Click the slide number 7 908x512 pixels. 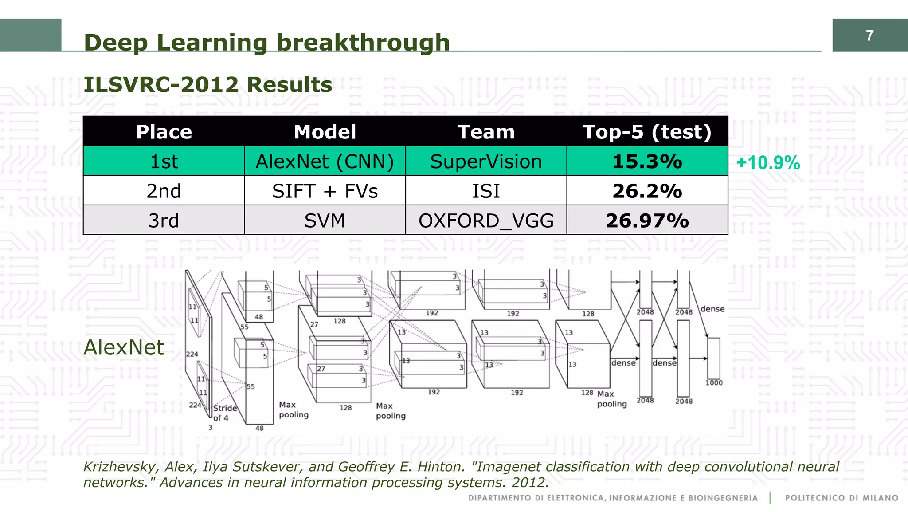pyautogui.click(x=869, y=35)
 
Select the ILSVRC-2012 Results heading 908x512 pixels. pyautogui.click(x=207, y=85)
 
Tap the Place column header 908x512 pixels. pyautogui.click(x=164, y=132)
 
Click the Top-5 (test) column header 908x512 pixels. pyautogui.click(x=647, y=132)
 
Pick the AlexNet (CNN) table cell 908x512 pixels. pyautogui.click(x=325, y=161)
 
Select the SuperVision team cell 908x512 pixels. pyautogui.click(x=486, y=161)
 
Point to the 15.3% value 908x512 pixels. pyautogui.click(x=647, y=161)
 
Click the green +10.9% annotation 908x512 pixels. pyautogui.click(x=768, y=163)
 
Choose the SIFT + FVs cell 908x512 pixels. pyautogui.click(x=325, y=191)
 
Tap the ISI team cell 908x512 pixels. pyautogui.click(x=486, y=191)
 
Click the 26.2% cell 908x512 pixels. pyautogui.click(x=647, y=191)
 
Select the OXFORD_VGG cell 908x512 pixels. pyautogui.click(x=486, y=221)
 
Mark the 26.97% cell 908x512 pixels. pyautogui.click(x=647, y=221)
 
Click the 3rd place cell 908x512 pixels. pyautogui.click(x=164, y=221)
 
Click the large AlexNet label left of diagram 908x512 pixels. pyautogui.click(x=124, y=347)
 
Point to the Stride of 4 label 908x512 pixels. pyautogui.click(x=224, y=413)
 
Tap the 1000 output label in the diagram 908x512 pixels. pyautogui.click(x=714, y=382)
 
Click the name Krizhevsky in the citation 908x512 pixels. pyautogui.click(x=120, y=467)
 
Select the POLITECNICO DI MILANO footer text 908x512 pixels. pyautogui.click(x=841, y=498)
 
